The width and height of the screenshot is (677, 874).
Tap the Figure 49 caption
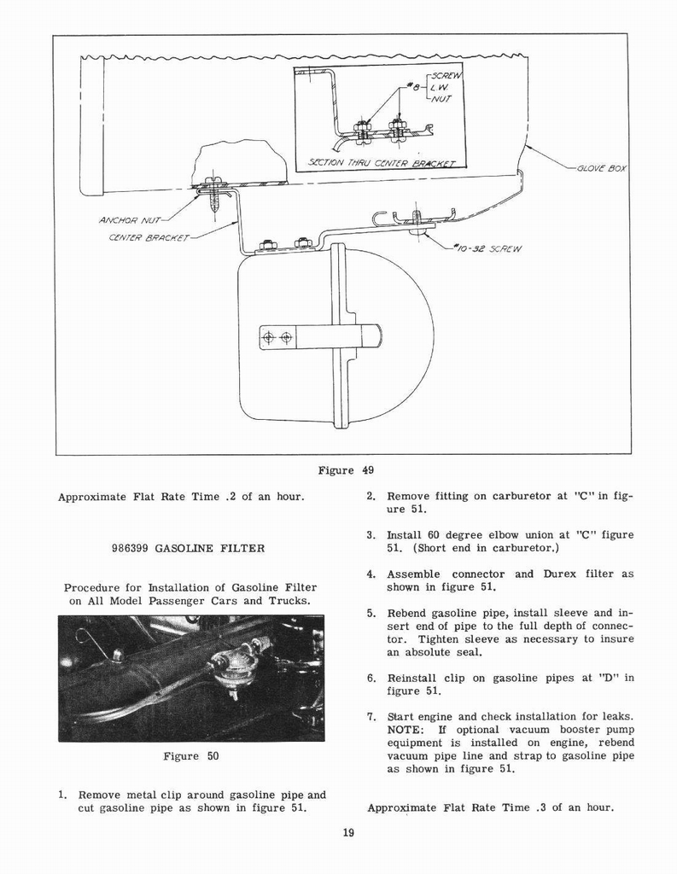[346, 470]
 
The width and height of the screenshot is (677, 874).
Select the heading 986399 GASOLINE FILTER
[188, 548]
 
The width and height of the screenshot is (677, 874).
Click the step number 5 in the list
[371, 613]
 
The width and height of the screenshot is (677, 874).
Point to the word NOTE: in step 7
[406, 729]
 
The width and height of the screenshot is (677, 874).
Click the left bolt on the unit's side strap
[269, 338]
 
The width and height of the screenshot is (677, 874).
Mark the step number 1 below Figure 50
[62, 794]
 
